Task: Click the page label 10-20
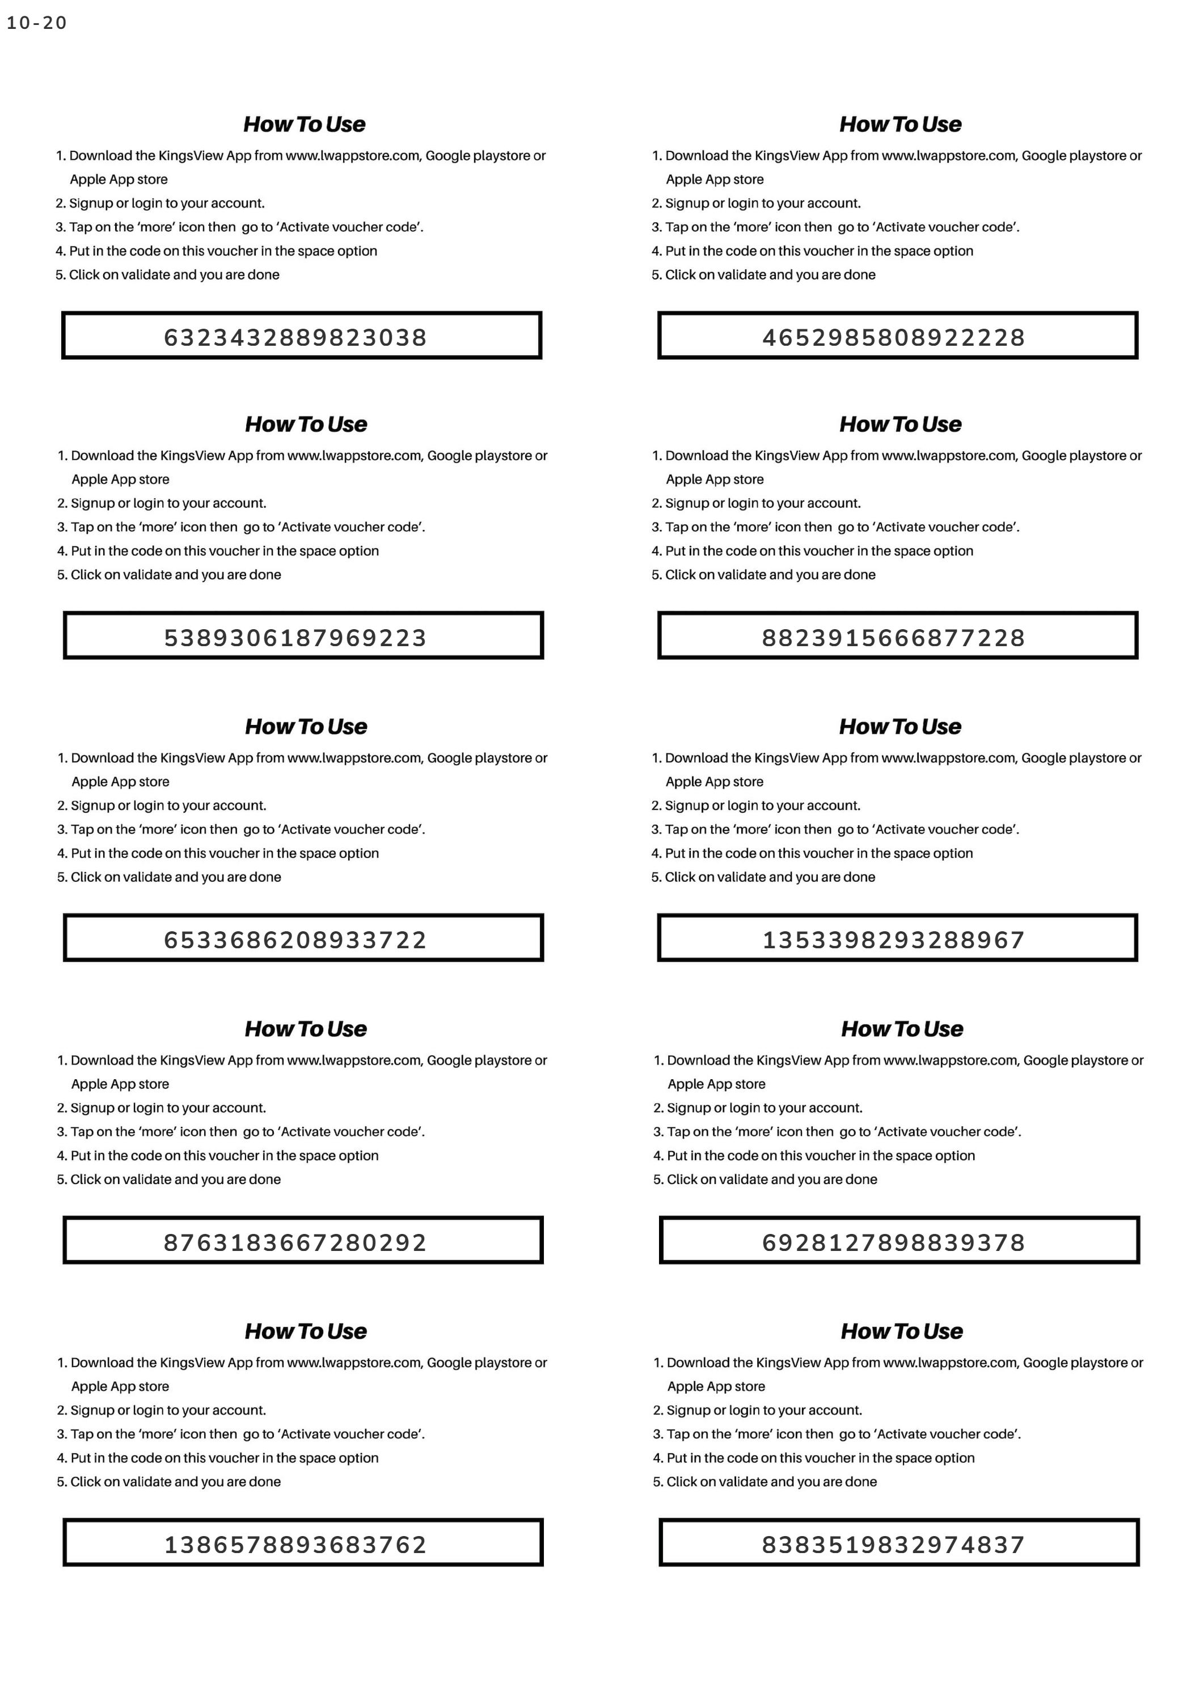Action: coord(37,23)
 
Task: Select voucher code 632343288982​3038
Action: coord(295,337)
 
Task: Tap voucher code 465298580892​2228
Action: coord(893,337)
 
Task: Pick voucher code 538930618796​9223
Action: coord(295,637)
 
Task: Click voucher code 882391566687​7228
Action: coord(893,637)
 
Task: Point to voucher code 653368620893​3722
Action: coord(295,940)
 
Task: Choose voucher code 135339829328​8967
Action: coord(893,940)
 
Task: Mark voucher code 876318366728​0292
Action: coord(295,1242)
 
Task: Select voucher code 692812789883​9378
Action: coord(893,1242)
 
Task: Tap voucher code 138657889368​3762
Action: coord(295,1545)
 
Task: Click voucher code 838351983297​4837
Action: coord(893,1545)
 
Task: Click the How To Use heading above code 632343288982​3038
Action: coord(304,124)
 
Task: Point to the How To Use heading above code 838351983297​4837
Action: coord(901,1331)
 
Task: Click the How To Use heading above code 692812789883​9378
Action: coord(901,1028)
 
